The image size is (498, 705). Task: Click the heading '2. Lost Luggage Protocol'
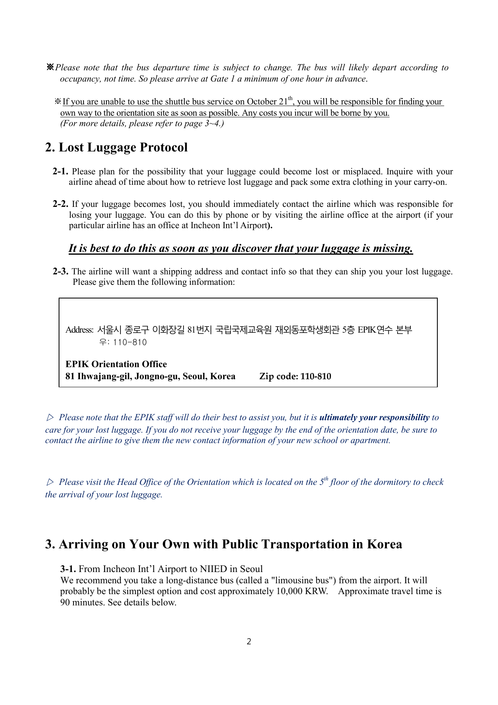(x=116, y=147)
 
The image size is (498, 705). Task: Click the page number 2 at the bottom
(x=249, y=642)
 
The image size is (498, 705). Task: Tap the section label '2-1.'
(x=60, y=172)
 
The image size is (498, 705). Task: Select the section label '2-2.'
(x=60, y=204)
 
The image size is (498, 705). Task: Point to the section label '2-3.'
(x=60, y=272)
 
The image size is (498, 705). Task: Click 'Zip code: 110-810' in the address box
(x=295, y=376)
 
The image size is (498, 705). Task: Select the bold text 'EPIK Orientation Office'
(x=116, y=364)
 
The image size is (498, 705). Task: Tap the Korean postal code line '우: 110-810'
(x=123, y=342)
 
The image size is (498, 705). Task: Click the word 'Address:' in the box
(x=80, y=330)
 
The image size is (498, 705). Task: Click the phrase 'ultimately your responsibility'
(x=374, y=417)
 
